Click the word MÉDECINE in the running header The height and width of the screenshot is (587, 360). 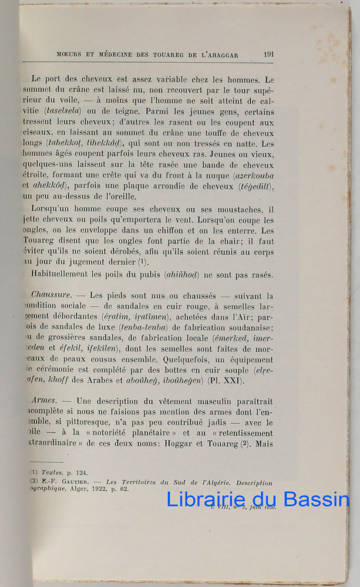tap(112, 55)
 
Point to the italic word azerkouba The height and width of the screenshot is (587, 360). tap(253, 175)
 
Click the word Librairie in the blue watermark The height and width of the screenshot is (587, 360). tap(205, 500)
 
